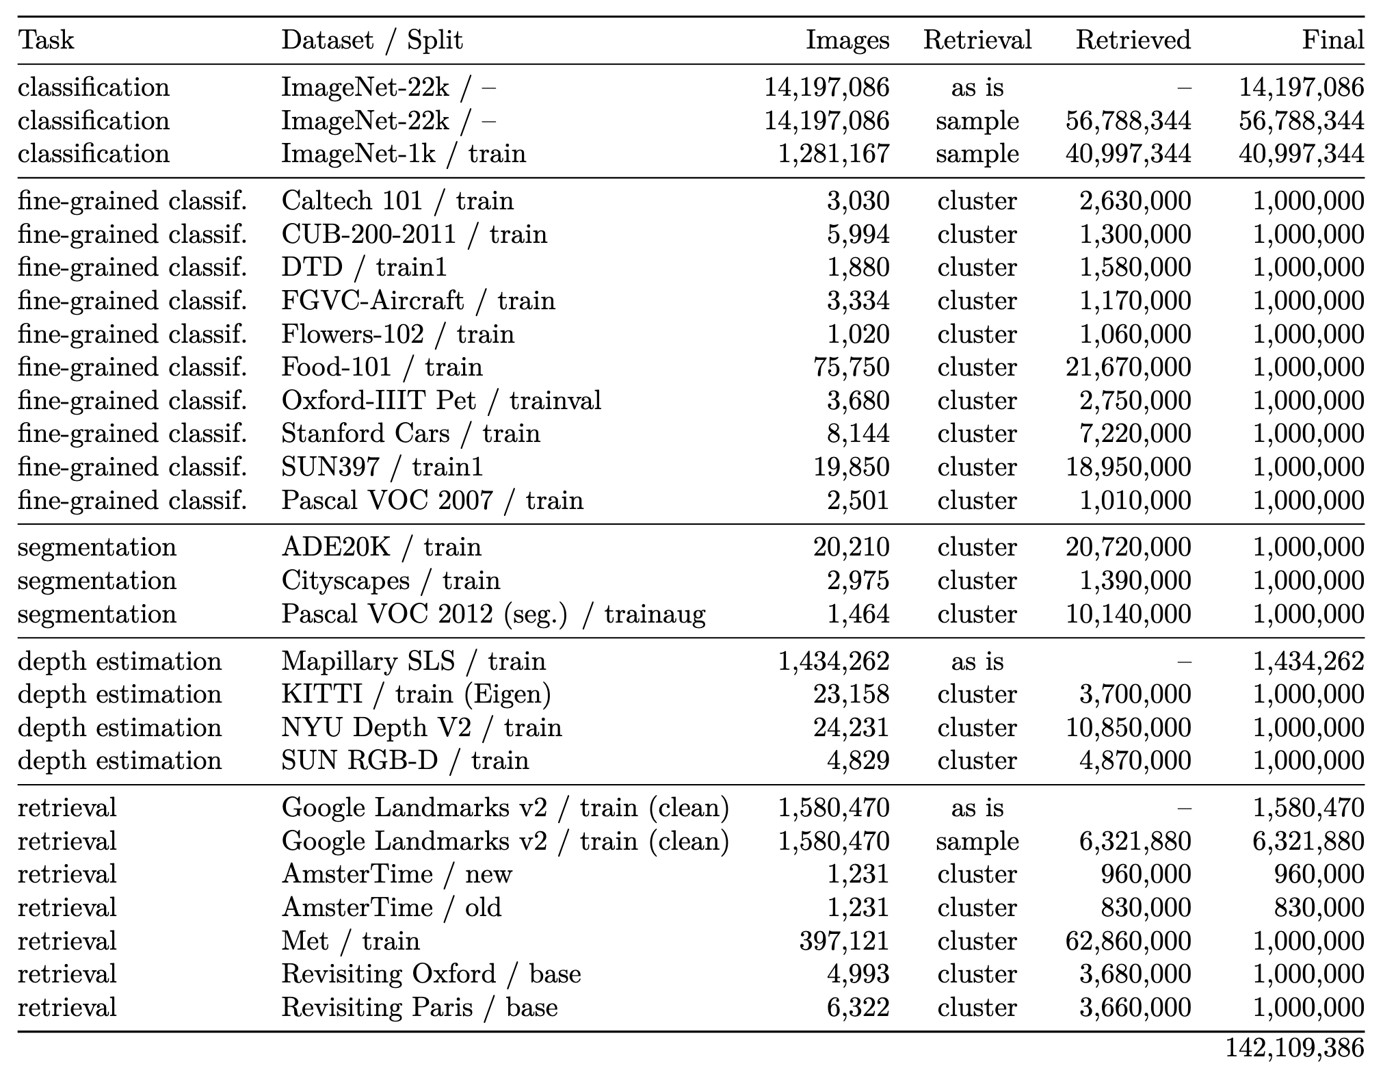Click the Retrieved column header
coord(1133,40)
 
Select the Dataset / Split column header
coord(372,40)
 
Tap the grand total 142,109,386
coord(1295,1047)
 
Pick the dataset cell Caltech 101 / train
coord(397,200)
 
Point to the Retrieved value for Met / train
coord(1128,941)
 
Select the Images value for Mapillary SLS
coord(833,661)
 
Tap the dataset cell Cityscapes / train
coord(391,580)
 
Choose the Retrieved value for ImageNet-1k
coord(1128,153)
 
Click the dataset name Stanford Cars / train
coord(410,434)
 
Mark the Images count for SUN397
coord(851,467)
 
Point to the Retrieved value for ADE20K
coord(1128,547)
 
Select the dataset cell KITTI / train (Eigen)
coord(416,694)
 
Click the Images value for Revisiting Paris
coord(858,1007)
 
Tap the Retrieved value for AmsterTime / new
coord(1146,874)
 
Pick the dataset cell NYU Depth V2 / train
coord(421,727)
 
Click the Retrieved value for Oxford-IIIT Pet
coord(1135,400)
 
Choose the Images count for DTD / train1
coord(858,267)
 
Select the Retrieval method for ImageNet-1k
coord(977,153)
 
